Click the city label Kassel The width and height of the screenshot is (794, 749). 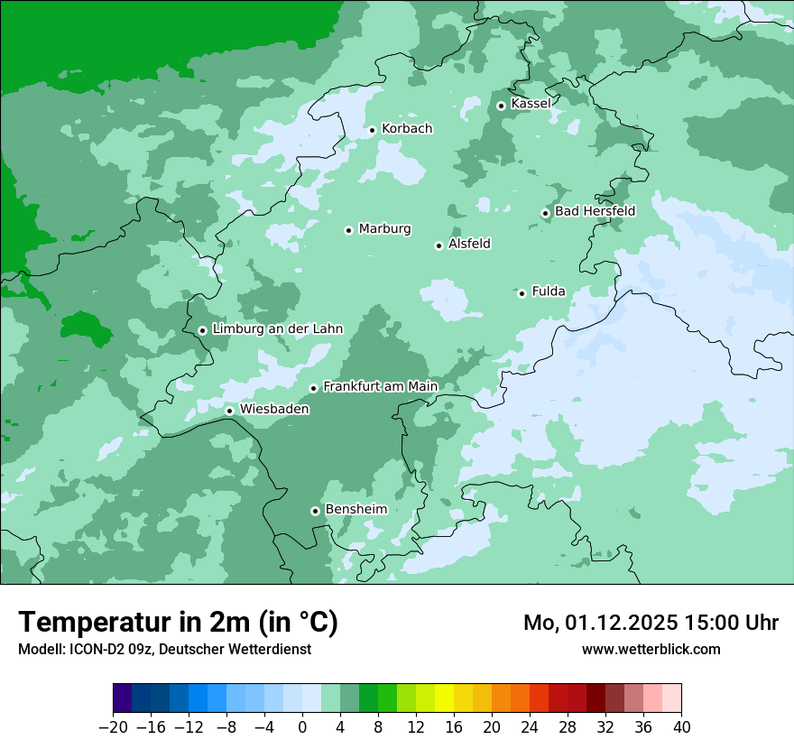(531, 104)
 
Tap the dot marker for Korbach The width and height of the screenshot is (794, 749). (372, 130)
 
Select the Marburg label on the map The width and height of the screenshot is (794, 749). (384, 229)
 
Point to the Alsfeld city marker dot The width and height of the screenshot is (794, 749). (439, 245)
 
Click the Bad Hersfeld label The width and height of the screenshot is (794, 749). (595, 211)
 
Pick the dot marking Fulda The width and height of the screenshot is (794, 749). (522, 293)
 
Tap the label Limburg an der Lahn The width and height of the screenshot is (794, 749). (277, 329)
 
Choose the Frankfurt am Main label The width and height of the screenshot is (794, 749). (380, 387)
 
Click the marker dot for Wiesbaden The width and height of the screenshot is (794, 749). (229, 411)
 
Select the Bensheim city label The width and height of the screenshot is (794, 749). (355, 510)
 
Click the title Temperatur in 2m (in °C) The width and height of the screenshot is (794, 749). (178, 623)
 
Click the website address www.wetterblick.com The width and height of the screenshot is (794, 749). (651, 650)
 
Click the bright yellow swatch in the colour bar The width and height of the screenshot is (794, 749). (444, 698)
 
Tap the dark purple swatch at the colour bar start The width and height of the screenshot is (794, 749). (122, 698)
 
